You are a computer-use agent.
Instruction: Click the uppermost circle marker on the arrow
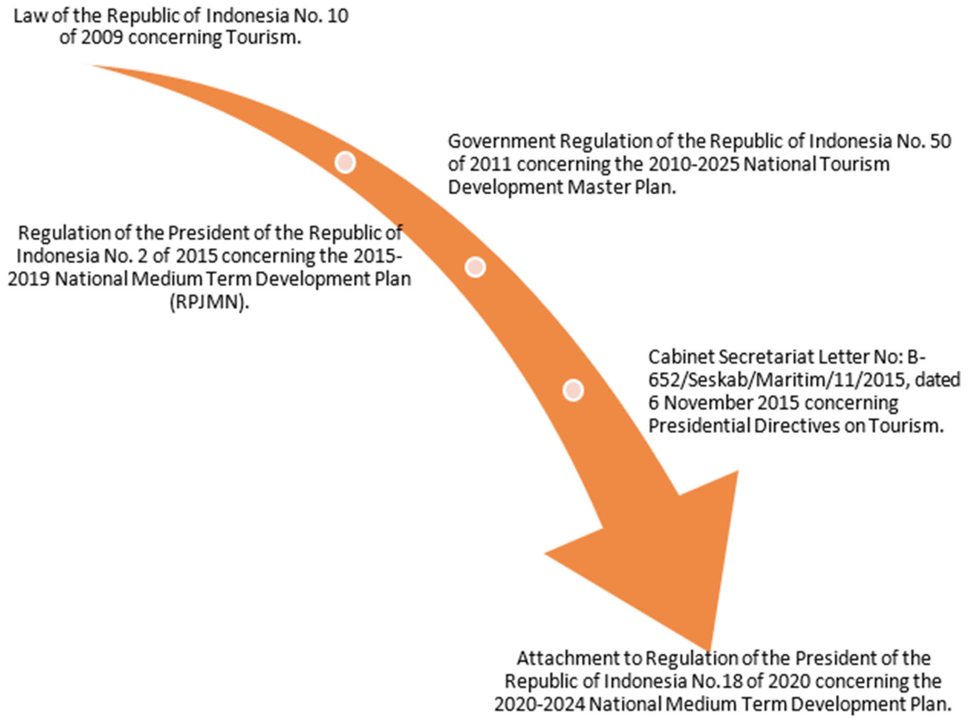(345, 163)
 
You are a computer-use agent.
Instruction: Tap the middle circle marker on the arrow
(475, 267)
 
